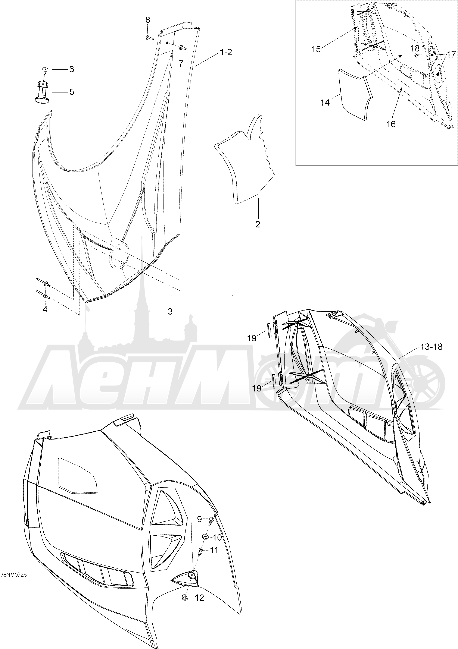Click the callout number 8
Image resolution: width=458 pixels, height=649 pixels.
pos(148,20)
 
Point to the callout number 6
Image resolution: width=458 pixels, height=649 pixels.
pos(72,69)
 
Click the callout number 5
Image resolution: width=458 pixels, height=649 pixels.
pos(72,92)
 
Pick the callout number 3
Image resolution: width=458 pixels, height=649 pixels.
pos(170,312)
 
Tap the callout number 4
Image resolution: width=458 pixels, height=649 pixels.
pos(45,309)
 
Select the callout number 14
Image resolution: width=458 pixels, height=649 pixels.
pos(325,103)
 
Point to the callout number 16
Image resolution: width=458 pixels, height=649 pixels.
pos(391,124)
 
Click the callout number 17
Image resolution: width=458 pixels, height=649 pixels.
pos(451,54)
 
